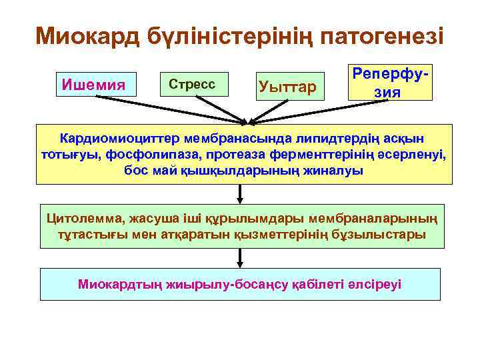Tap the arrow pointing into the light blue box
pos(240,259)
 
